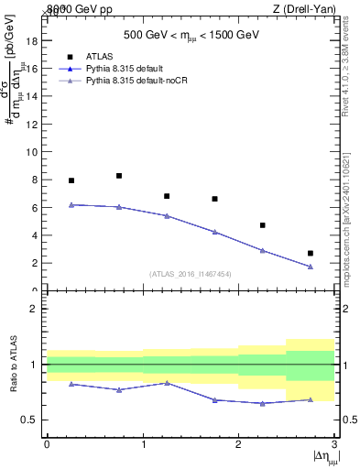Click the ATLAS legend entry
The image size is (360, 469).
(x=97, y=56)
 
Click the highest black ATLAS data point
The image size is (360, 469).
(x=119, y=175)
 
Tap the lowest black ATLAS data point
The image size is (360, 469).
(x=311, y=253)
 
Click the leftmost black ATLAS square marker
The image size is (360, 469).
(x=71, y=180)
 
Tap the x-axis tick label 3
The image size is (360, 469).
(x=334, y=444)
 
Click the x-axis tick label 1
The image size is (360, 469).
(x=143, y=444)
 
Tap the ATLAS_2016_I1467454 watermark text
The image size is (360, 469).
(x=190, y=273)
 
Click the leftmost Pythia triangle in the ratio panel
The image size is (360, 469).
(x=71, y=384)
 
